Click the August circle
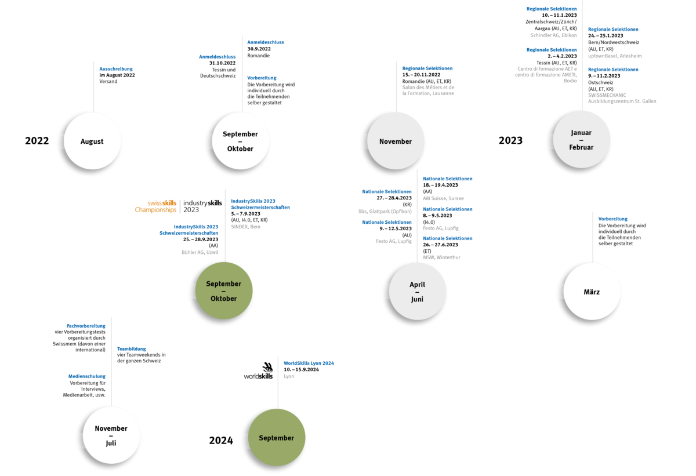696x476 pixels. [92, 141]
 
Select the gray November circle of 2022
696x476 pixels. [396, 141]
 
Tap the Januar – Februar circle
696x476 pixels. [581, 140]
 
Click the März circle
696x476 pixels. [592, 292]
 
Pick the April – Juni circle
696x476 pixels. [417, 292]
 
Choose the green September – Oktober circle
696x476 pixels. [224, 290]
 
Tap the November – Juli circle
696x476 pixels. [111, 435]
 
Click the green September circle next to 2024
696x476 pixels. [277, 438]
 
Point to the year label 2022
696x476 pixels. [37, 141]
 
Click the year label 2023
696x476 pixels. [510, 140]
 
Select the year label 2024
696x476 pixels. [221, 440]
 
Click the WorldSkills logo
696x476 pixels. [258, 370]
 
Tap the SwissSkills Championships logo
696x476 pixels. [155, 206]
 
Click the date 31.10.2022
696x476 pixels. [222, 63]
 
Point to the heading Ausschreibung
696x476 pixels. [116, 69]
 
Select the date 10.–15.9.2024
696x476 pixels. [301, 369]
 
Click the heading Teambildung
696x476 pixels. [132, 349]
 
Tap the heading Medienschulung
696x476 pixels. [86, 376]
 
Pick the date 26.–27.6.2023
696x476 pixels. [440, 245]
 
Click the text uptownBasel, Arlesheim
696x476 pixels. [615, 56]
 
